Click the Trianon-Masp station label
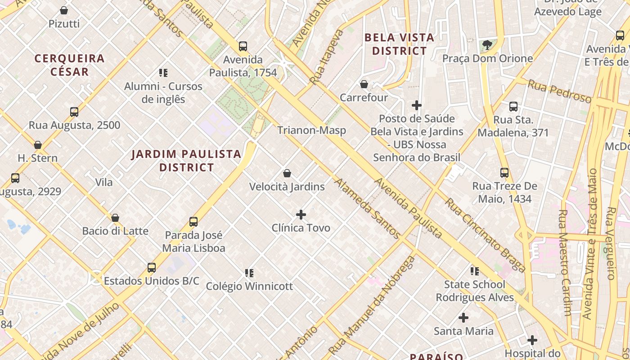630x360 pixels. [311, 130]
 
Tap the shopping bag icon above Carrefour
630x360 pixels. [364, 84]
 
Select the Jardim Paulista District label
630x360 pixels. [186, 161]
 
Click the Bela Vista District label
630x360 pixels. [399, 44]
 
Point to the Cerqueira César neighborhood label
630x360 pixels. [70, 65]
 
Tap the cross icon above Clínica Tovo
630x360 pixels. [301, 215]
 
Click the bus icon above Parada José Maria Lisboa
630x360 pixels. [193, 222]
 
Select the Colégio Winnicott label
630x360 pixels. [249, 286]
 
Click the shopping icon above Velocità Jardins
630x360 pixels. [287, 173]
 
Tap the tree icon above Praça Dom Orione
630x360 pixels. [487, 45]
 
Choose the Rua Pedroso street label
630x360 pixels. [559, 91]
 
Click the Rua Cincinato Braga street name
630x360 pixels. [485, 235]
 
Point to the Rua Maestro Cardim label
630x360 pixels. [565, 262]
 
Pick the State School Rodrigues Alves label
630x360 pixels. [475, 291]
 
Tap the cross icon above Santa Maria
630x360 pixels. [463, 318]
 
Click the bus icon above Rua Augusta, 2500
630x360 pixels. [74, 112]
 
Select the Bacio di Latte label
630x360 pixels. [115, 231]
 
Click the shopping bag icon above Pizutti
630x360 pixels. [64, 10]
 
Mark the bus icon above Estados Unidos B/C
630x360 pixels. [152, 268]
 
